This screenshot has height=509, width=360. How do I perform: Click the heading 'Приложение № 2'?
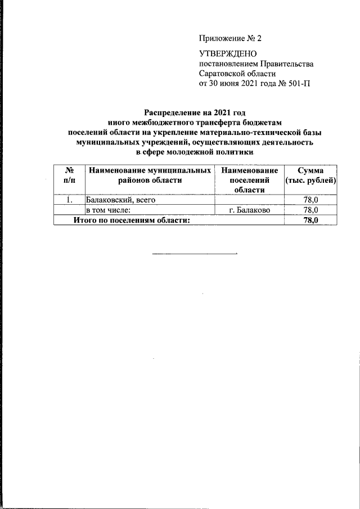pos(231,39)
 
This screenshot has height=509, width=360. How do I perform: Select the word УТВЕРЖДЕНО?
pos(228,54)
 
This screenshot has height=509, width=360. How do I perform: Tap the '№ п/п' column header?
pos(68,175)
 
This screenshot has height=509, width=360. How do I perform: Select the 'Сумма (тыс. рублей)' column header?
pos(310,175)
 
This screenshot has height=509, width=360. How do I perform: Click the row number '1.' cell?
pos(68,200)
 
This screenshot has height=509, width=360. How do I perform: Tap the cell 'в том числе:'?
pos(108,210)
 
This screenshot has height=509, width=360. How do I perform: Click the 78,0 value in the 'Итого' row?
pos(310,220)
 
